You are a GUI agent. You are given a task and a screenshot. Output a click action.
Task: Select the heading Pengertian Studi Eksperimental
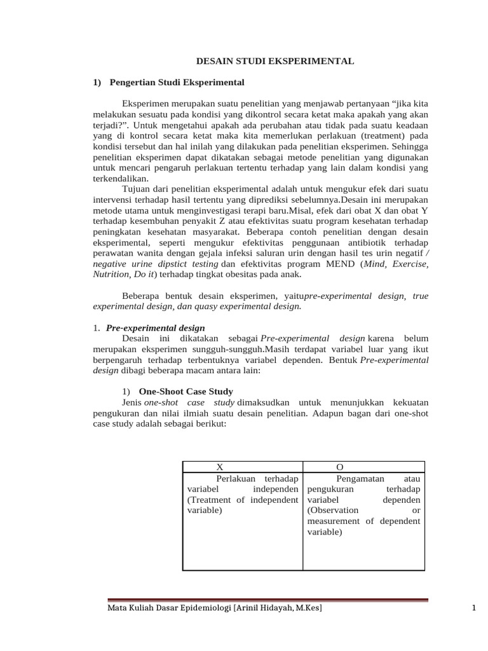click(x=177, y=83)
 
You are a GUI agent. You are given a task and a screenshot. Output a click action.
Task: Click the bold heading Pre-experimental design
click(x=155, y=328)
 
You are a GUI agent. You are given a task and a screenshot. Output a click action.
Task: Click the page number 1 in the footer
click(x=474, y=608)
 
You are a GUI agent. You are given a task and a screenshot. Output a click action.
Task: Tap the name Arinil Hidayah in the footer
click(x=266, y=609)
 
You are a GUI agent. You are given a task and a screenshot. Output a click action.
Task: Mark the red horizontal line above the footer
click(x=268, y=599)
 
